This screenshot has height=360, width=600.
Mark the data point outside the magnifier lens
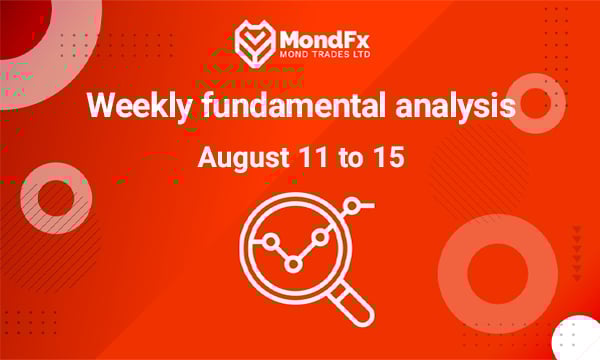click(x=351, y=205)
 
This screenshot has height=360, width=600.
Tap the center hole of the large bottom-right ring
click(x=497, y=273)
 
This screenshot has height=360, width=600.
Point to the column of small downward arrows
click(x=576, y=250)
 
